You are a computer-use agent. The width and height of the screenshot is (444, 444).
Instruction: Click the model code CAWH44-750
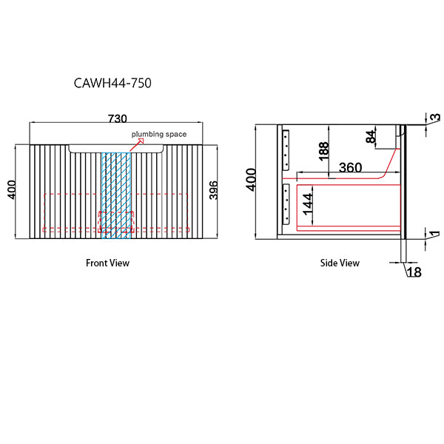(x=113, y=83)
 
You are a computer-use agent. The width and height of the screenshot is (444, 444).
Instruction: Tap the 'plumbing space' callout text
(x=159, y=134)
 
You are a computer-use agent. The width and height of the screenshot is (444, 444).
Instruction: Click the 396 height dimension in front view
(x=214, y=191)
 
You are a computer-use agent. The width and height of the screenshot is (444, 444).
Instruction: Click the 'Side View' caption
(x=340, y=263)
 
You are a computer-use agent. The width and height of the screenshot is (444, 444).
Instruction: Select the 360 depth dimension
(x=350, y=168)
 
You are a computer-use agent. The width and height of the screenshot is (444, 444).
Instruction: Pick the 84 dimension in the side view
(x=370, y=137)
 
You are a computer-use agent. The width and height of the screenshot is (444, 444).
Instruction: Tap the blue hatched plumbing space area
(x=115, y=185)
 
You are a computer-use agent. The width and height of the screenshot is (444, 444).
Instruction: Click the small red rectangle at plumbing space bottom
(x=116, y=221)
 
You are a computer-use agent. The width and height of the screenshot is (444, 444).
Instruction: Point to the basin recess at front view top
(x=116, y=149)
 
